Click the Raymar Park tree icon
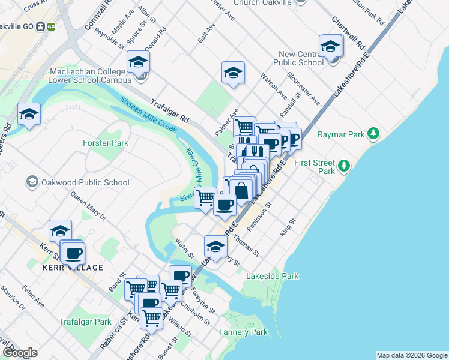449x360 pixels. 373,133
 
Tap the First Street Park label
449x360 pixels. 317,166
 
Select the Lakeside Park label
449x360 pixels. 273,277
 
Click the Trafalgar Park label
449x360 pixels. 85,322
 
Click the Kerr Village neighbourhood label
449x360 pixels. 73,268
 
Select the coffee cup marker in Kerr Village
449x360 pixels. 73,253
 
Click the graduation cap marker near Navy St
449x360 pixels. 215,245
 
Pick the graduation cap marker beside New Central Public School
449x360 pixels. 331,47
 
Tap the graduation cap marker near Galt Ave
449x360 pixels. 233,73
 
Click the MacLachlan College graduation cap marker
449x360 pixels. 138,62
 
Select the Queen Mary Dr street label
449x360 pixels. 88,205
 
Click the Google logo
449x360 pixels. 20,353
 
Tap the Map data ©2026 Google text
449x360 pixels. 411,355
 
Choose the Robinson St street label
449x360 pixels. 260,214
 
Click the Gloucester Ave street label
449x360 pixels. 304,88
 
